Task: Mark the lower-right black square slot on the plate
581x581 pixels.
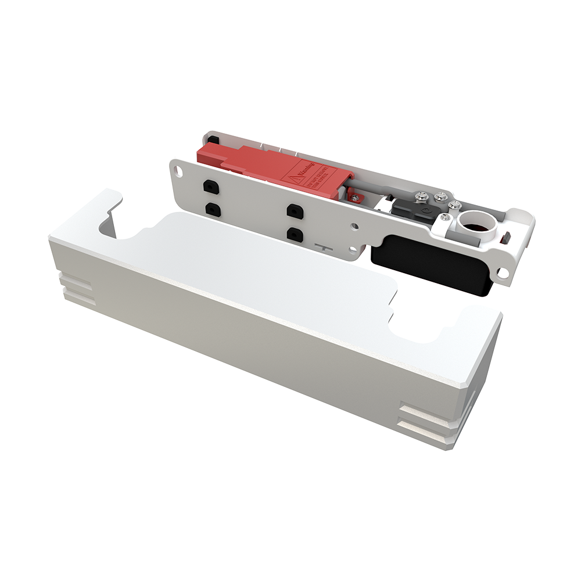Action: pyautogui.click(x=296, y=234)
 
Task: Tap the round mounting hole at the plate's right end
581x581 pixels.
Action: pyautogui.click(x=504, y=272)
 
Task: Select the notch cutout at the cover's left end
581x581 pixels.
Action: pyautogui.click(x=113, y=224)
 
